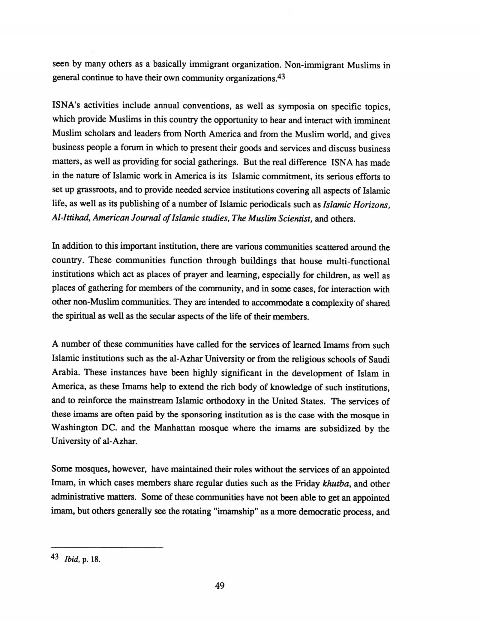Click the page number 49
point(220,585)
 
